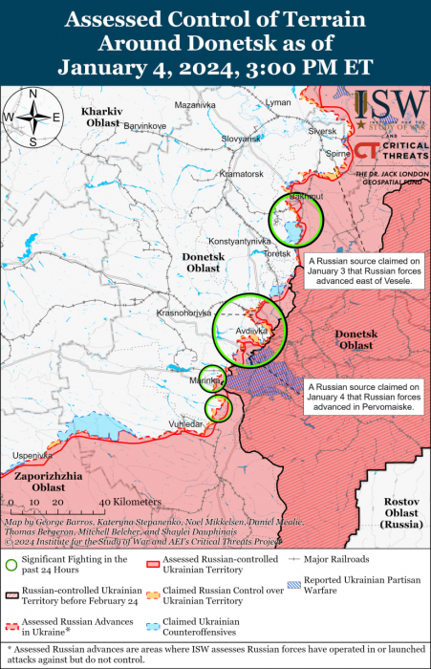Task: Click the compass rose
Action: click(32, 117)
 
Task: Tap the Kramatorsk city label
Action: click(240, 174)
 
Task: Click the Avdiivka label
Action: click(251, 332)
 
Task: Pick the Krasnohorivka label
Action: click(183, 313)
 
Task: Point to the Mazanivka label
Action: click(195, 104)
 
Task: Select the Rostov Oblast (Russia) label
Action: click(400, 513)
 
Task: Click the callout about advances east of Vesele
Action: click(362, 271)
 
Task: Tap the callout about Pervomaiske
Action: click(362, 397)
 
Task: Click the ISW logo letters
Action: click(390, 104)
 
